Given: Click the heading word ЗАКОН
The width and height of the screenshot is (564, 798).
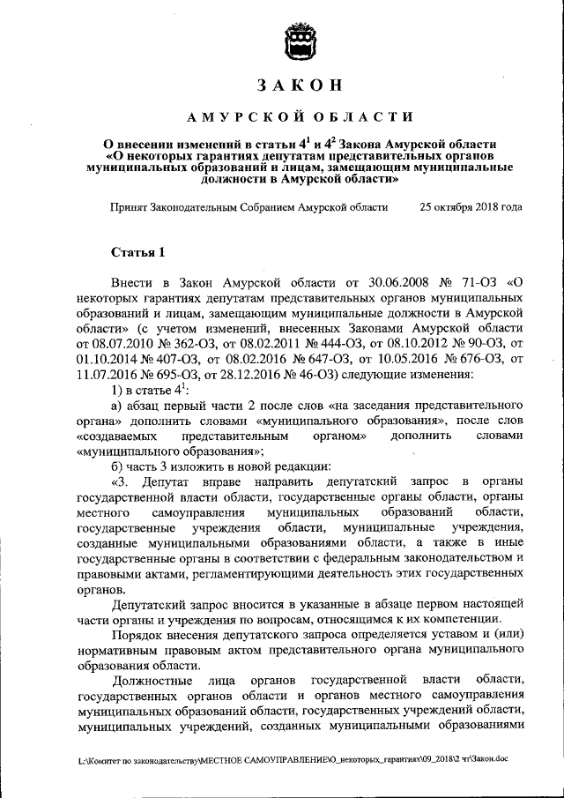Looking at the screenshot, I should [x=300, y=86].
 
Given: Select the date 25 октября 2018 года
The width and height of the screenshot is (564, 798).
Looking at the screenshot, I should [x=471, y=207].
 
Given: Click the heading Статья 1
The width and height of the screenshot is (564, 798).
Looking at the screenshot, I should [x=137, y=252].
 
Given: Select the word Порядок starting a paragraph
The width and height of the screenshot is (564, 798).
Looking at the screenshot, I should [x=141, y=634].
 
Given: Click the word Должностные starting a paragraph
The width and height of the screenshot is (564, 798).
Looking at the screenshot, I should [x=154, y=679].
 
